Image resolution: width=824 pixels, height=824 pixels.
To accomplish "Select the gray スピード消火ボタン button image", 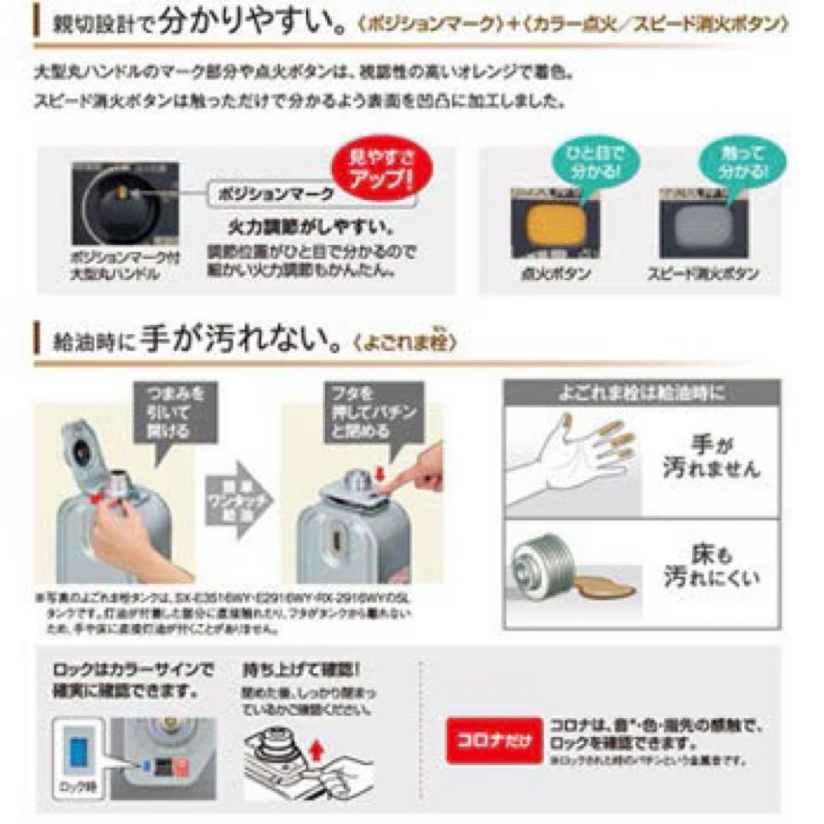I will tap(702, 227).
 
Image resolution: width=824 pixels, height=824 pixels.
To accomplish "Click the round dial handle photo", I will tap(124, 207).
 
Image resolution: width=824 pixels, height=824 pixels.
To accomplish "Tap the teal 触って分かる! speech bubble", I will tap(731, 159).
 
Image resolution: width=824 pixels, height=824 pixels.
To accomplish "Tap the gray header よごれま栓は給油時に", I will tap(641, 393).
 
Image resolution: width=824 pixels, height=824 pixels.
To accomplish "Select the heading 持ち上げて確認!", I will tap(300, 671).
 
